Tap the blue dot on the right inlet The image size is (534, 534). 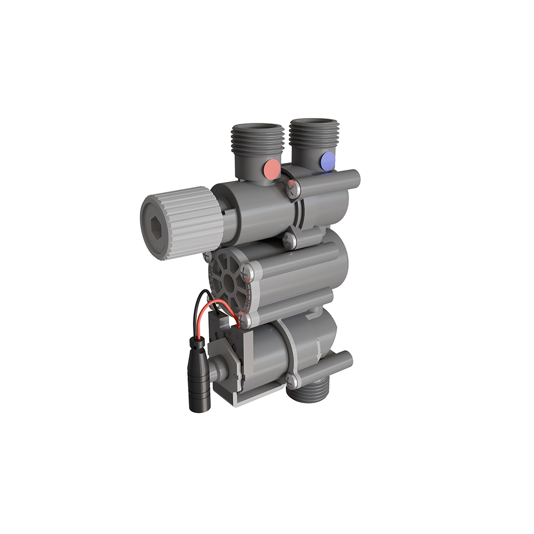tap(327, 161)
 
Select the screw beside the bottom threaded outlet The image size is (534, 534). tap(292, 381)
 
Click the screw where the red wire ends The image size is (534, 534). tap(245, 320)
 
